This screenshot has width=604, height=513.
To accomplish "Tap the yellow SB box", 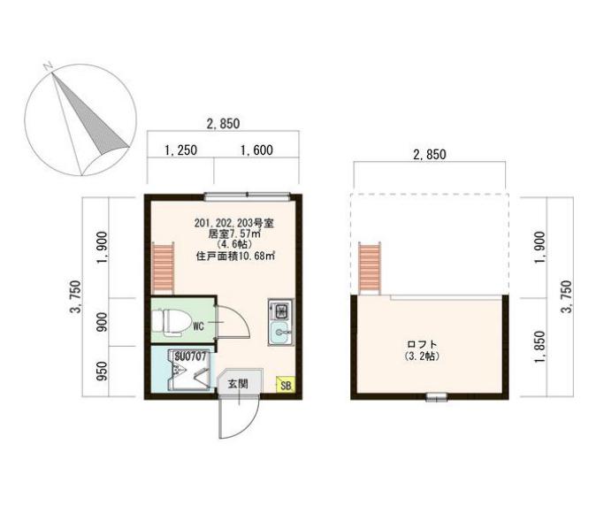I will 285,385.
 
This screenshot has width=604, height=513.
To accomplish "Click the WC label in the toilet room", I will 199,325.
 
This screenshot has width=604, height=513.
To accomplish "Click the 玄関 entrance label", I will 237,384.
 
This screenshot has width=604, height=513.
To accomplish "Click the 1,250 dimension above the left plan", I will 180,150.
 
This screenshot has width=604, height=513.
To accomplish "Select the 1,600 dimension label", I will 256,150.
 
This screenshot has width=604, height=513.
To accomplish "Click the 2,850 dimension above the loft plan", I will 430,154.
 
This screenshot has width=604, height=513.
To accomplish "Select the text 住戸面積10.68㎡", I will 235,256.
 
